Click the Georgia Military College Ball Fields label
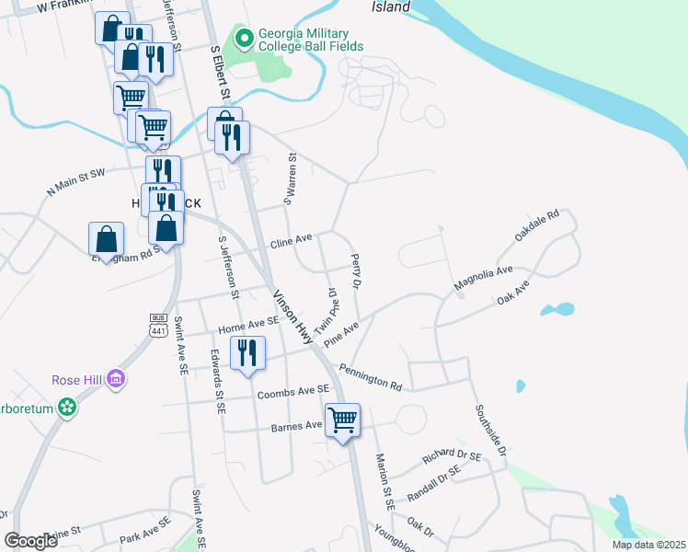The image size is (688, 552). coord(311,40)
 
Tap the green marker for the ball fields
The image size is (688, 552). coord(244,40)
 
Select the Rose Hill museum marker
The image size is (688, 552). coord(115,379)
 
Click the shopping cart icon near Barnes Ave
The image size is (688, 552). coord(342,420)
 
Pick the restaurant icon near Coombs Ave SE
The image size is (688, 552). coord(247,353)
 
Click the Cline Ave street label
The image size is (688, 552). coord(292,244)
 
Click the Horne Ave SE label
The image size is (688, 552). coord(248,325)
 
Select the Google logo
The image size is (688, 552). coord(31,541)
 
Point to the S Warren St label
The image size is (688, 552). coord(291,178)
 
